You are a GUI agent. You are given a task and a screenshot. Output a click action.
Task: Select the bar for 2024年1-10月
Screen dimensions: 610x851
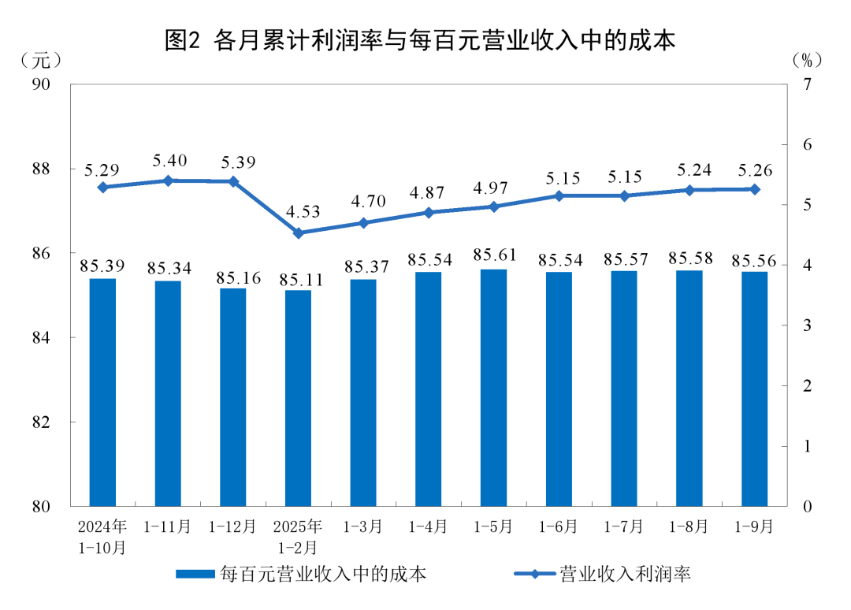(102, 392)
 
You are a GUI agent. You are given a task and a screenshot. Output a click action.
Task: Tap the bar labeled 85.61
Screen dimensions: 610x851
(494, 387)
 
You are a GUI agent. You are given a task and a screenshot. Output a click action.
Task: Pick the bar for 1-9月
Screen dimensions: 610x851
(754, 389)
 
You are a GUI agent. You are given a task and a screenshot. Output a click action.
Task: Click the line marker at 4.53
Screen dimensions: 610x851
(299, 233)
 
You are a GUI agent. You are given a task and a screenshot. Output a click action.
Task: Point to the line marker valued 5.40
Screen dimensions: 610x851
(168, 180)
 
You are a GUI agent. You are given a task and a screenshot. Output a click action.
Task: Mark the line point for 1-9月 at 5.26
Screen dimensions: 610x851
(754, 189)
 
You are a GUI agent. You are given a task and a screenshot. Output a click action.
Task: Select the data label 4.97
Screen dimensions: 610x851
(494, 188)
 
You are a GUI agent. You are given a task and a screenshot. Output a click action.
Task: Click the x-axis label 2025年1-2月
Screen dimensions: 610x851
(299, 536)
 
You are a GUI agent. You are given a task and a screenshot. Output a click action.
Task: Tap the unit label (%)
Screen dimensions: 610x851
(807, 59)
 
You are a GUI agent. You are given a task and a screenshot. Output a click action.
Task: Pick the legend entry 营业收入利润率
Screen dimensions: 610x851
(602, 574)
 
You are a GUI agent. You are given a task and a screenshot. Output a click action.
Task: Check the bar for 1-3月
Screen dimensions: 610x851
(363, 392)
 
